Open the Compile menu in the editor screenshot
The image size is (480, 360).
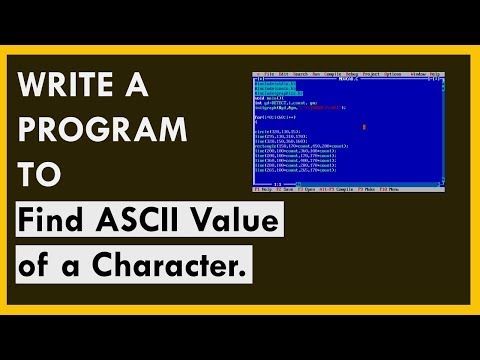click(x=332, y=75)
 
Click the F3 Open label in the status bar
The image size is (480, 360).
click(x=310, y=189)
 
